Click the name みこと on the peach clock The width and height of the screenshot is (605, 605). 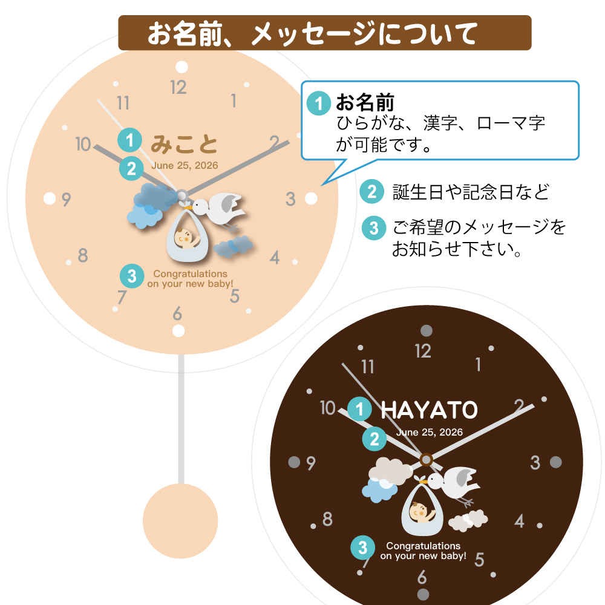coord(184,145)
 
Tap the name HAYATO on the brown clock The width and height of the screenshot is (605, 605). coord(429,410)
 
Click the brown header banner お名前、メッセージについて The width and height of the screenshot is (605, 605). coord(324,33)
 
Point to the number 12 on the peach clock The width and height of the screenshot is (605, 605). coord(178,88)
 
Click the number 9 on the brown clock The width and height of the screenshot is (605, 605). coord(311,463)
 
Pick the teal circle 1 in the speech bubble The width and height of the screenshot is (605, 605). coord(318,103)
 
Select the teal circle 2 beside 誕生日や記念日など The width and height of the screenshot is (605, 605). coord(371,192)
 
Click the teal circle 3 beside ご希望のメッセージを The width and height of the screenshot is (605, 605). coord(374,228)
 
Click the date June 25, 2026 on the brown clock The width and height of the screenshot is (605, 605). coord(430,432)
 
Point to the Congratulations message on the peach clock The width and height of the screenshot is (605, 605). coord(190,279)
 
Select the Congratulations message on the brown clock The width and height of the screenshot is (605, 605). coord(423,551)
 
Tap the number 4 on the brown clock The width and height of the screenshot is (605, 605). coord(519,520)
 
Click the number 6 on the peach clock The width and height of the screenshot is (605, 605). coord(177,314)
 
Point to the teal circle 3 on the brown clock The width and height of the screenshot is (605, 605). coord(362,548)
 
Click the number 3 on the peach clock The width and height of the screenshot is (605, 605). coord(290,198)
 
